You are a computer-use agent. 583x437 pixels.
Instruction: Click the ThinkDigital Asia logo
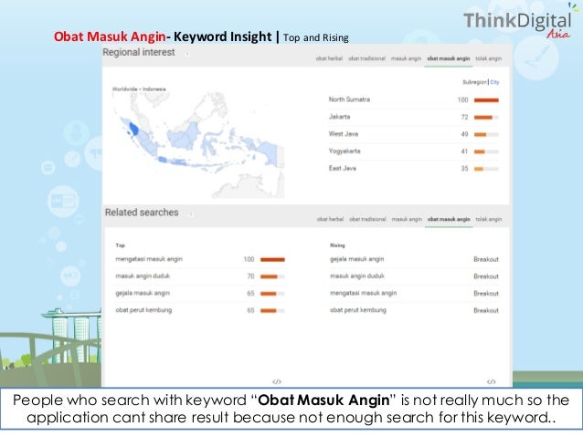(x=517, y=24)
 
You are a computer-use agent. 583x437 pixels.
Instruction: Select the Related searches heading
(x=141, y=213)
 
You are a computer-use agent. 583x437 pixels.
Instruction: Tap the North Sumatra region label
(x=350, y=99)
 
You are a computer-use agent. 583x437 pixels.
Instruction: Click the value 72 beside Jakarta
(x=463, y=117)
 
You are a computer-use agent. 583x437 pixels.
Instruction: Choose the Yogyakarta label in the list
(x=346, y=151)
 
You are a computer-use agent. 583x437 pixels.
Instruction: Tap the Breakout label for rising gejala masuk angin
(x=486, y=259)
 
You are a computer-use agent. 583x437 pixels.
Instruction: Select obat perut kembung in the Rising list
(x=358, y=310)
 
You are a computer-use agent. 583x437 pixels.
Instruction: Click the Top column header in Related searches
(x=120, y=245)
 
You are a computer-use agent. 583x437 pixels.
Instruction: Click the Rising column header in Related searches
(x=336, y=245)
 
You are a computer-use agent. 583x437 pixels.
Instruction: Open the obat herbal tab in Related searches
(x=330, y=219)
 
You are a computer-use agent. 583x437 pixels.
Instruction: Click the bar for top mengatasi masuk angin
(x=272, y=259)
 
